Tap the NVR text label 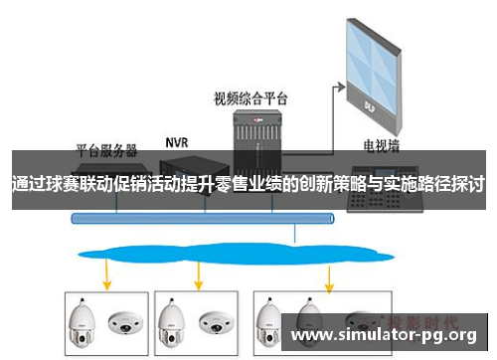pyautogui.click(x=176, y=140)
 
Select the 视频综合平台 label pyautogui.click(x=250, y=97)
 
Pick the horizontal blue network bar pyautogui.click(x=200, y=218)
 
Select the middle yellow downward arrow pyautogui.click(x=200, y=271)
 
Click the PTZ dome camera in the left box pyautogui.click(x=83, y=319)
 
